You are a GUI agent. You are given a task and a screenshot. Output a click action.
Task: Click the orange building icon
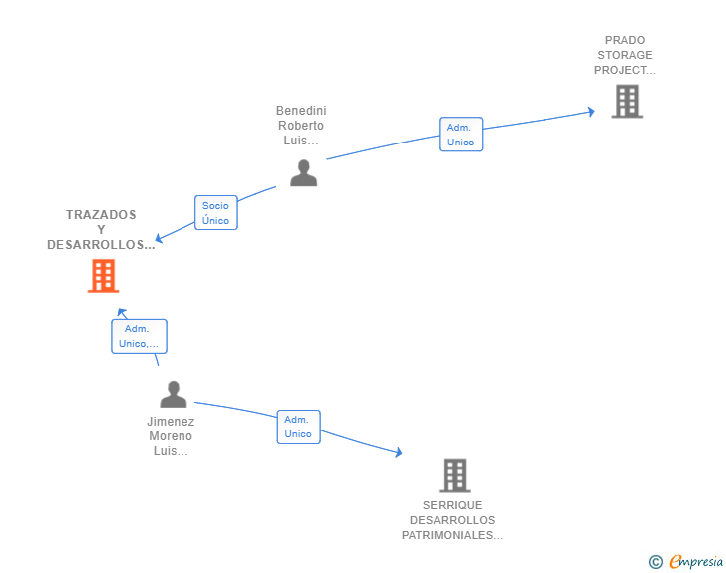point(104,276)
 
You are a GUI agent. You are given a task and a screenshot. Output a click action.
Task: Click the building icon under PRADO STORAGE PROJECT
point(627,101)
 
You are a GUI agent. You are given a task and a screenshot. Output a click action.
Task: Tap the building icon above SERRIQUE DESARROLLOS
point(455,475)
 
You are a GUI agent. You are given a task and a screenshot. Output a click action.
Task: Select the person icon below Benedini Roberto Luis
point(304,172)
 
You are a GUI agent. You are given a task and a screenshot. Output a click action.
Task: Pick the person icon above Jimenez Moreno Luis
point(174,394)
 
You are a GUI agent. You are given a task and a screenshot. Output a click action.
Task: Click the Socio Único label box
point(216,213)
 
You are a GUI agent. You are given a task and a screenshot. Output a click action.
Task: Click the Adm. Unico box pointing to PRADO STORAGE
point(461,135)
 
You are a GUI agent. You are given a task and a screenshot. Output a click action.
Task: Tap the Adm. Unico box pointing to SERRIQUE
point(298,427)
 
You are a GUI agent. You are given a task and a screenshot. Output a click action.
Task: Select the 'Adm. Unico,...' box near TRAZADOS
point(139,336)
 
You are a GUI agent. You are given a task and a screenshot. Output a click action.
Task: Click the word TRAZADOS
point(101,215)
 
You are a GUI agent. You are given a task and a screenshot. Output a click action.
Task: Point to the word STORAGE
point(625,55)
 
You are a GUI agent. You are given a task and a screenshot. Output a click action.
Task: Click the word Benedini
point(301,111)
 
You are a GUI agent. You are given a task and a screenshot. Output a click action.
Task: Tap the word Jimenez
point(171,422)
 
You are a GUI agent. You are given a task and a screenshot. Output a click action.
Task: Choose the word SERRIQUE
point(453,505)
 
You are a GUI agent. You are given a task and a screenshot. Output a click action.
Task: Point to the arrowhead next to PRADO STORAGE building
point(591,112)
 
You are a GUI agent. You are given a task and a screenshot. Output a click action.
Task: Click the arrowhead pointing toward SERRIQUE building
point(398,452)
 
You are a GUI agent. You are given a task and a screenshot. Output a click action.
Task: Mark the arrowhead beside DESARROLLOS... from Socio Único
point(159,238)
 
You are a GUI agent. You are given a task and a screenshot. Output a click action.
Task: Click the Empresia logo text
point(696,561)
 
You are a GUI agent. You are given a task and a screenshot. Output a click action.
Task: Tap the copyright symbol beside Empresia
point(656,562)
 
